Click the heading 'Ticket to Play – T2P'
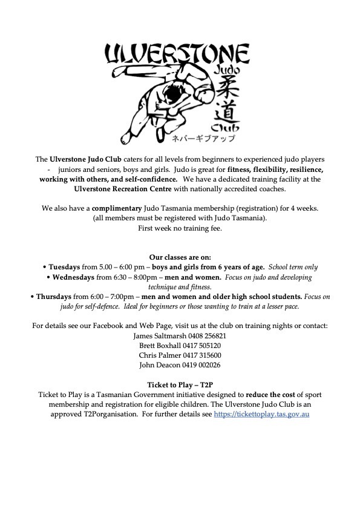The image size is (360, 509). [x=180, y=384]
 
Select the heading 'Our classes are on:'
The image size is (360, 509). [x=180, y=257]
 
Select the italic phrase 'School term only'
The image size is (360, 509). [x=293, y=267]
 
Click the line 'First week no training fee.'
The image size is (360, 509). [x=180, y=228]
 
